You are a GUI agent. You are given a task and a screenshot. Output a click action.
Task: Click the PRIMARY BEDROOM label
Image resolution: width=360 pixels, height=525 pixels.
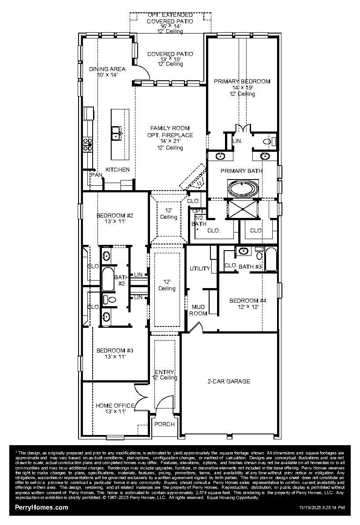pos(242,82)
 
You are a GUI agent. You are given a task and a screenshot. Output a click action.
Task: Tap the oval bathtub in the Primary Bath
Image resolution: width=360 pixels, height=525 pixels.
pos(243,189)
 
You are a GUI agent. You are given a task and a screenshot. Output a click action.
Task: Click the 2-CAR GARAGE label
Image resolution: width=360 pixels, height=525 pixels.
pos(229,381)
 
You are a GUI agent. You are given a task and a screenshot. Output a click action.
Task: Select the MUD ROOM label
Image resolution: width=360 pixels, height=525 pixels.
pos(198,310)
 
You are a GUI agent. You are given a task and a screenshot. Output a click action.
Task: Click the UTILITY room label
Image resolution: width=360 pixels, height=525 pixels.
pos(199,268)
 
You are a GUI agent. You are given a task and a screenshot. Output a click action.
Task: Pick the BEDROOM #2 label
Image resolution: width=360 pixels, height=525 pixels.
pos(115,216)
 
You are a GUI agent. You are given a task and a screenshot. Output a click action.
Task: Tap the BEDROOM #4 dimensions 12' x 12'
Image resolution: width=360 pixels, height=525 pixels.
pos(247,307)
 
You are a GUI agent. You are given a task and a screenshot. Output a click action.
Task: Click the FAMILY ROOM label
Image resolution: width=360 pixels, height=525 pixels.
pos(170,128)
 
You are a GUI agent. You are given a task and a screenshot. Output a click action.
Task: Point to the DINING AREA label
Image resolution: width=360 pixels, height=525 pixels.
pos(107,69)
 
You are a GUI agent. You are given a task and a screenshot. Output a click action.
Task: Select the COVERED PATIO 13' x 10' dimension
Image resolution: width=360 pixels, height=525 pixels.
pos(170,59)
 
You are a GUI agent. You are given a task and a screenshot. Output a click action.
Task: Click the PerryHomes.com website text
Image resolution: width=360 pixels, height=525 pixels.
pos(42,507)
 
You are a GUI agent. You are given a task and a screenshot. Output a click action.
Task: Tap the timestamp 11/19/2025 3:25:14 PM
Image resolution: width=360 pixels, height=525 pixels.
pos(322,508)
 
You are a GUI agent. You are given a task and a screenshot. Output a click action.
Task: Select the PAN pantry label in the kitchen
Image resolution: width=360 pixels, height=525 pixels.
pos(96,175)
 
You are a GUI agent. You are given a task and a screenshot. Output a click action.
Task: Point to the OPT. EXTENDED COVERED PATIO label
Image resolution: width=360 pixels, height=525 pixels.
pos(170,15)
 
